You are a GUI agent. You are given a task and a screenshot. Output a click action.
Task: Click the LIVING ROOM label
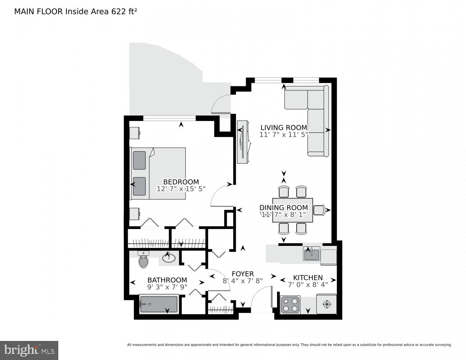pyautogui.click(x=284, y=127)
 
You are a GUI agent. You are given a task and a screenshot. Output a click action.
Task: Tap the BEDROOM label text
pyautogui.click(x=181, y=182)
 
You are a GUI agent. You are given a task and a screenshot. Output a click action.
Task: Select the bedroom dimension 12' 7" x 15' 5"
pyautogui.click(x=181, y=189)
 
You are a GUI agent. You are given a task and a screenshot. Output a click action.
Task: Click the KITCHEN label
pyautogui.click(x=308, y=278)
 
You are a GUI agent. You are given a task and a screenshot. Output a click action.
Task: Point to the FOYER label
pyautogui.click(x=243, y=274)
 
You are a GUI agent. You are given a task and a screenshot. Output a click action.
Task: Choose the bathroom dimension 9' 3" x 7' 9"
pyautogui.click(x=167, y=287)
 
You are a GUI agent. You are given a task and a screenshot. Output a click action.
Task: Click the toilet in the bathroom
pyautogui.click(x=144, y=260)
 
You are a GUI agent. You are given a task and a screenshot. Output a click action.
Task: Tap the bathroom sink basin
pyautogui.click(x=168, y=258)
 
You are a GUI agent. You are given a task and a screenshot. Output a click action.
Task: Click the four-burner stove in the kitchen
pyautogui.click(x=290, y=304)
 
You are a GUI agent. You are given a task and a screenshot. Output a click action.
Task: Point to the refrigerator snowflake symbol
pyautogui.click(x=326, y=305)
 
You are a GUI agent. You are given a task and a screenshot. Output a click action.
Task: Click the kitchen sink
pyautogui.click(x=311, y=254)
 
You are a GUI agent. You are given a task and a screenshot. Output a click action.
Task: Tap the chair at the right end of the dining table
pyautogui.click(x=320, y=210)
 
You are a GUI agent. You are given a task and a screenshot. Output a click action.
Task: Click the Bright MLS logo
pyautogui.click(x=29, y=350)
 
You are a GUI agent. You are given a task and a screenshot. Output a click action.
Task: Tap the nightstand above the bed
pyautogui.click(x=135, y=132)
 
